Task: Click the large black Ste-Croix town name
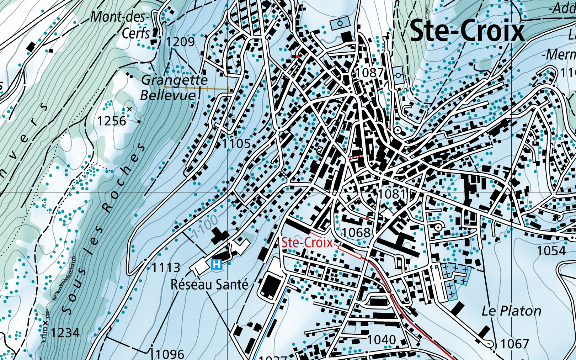point(467,31)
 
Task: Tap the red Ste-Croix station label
point(307,243)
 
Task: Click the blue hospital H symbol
point(217,264)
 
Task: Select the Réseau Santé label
point(209,285)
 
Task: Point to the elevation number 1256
point(112,121)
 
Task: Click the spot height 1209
point(181,42)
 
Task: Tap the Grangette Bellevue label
point(174,88)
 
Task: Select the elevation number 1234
point(65,333)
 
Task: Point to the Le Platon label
point(511,311)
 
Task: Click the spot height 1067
point(514,344)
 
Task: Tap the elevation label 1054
point(551,251)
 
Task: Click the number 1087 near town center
point(370,73)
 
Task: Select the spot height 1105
point(236,144)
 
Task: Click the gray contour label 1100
point(205,227)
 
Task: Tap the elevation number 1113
point(166,268)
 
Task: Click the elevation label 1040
point(381,340)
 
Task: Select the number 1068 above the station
point(356,233)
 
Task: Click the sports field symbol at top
point(340,24)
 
